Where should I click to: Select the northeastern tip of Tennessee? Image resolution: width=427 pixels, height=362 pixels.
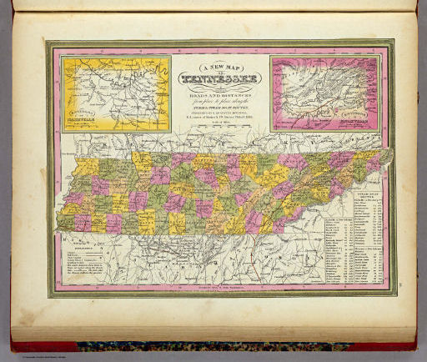(389, 156)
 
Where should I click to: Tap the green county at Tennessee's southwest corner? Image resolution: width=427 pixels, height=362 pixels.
(67, 223)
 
